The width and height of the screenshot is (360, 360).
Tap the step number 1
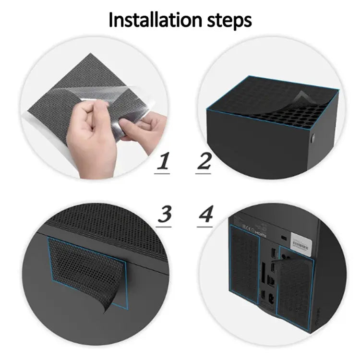pos(164,162)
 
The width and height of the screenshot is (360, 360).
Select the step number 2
pos(204,162)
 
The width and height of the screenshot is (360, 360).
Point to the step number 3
pos(165,214)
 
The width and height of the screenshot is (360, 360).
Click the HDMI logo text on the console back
pos(260,230)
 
